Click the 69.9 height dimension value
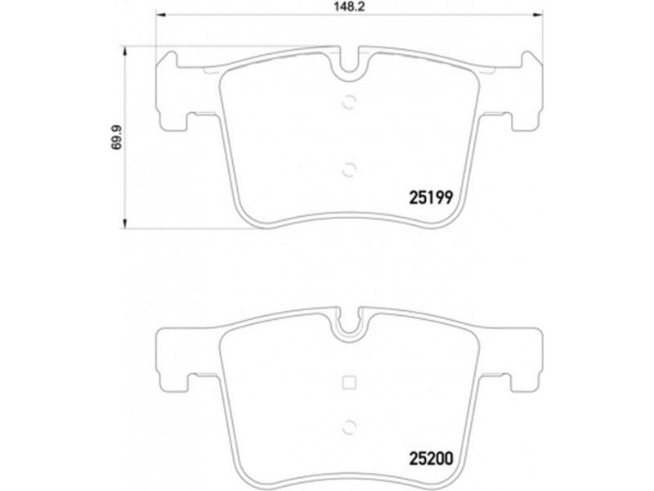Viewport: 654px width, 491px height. (118, 137)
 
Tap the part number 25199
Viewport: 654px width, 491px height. (431, 197)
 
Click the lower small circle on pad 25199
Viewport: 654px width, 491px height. (349, 170)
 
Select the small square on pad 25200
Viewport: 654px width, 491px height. (349, 382)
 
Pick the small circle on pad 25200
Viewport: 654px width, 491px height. (349, 426)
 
